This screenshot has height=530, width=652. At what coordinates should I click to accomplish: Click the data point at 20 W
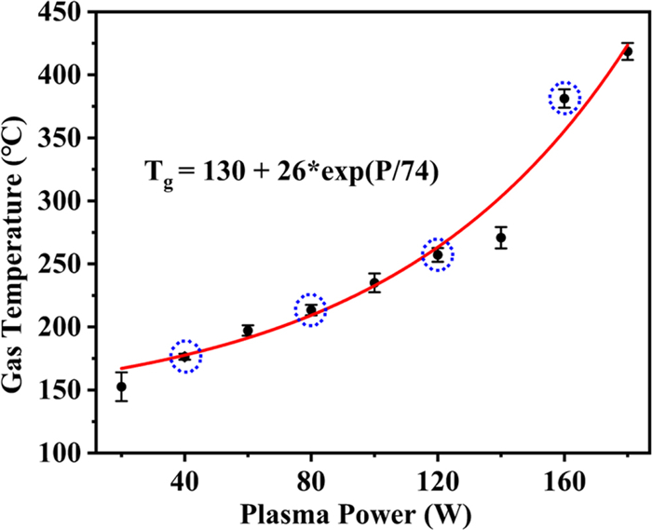click(121, 387)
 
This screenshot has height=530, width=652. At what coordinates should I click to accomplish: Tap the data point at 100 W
click(374, 282)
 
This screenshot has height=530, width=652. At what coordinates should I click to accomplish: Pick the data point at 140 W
click(501, 238)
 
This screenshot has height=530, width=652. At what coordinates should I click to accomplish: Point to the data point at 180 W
click(628, 52)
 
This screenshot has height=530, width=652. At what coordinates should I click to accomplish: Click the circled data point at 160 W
click(564, 98)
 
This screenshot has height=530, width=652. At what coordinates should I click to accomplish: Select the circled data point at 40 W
click(184, 356)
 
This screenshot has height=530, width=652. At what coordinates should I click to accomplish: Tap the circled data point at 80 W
click(311, 309)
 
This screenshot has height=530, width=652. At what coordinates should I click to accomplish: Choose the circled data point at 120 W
click(438, 254)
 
